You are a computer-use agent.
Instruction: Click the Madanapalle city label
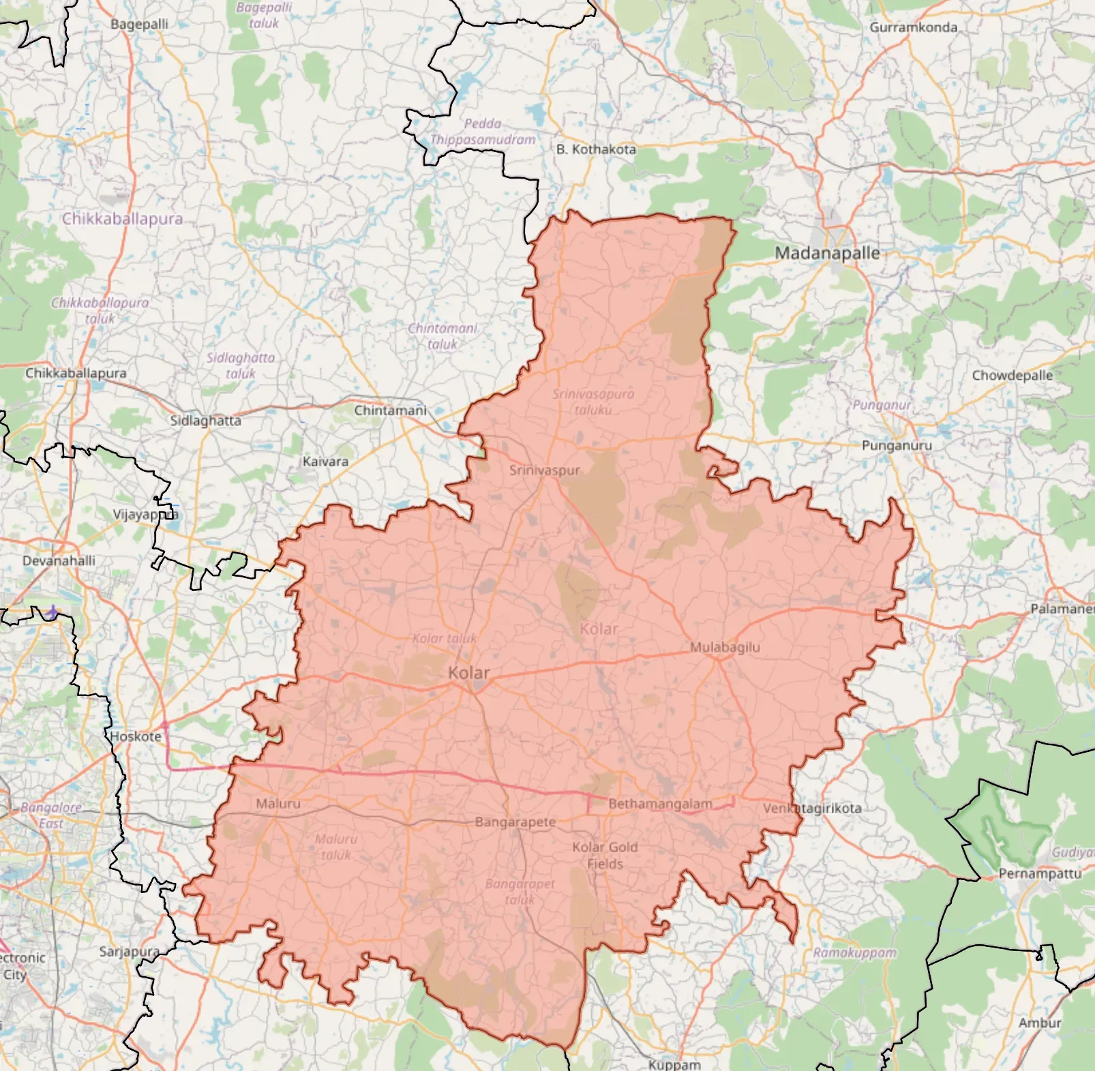(x=827, y=253)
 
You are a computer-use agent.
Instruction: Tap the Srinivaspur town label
(x=544, y=470)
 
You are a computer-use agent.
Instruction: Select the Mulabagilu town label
(x=725, y=647)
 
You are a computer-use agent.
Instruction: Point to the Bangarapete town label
(x=515, y=822)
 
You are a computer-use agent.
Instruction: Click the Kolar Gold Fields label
(x=605, y=856)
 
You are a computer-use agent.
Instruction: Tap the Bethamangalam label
(x=660, y=804)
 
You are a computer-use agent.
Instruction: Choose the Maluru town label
(x=277, y=804)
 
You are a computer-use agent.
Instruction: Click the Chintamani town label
(x=390, y=410)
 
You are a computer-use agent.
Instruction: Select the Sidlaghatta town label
(x=205, y=421)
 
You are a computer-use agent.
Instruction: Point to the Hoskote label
(x=136, y=736)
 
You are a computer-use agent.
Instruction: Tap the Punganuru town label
(x=896, y=445)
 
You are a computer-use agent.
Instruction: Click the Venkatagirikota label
(x=812, y=809)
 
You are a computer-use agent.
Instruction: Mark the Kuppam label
(x=674, y=1064)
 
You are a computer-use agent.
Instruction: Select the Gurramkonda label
(x=913, y=27)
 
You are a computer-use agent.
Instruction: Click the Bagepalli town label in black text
(x=139, y=24)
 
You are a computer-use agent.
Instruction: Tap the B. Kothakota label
(x=596, y=149)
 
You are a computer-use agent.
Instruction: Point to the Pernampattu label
(x=1040, y=873)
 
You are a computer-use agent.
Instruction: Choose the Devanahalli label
(x=59, y=560)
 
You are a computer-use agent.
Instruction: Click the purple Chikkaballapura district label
(x=122, y=219)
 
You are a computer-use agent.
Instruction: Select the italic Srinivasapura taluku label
(x=592, y=402)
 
